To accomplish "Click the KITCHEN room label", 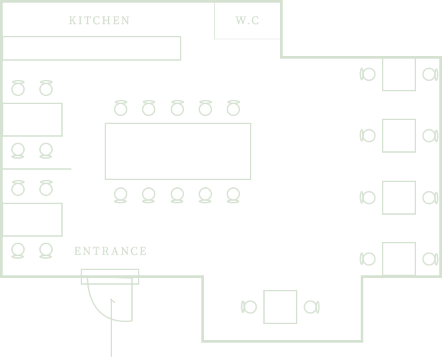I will [x=101, y=21].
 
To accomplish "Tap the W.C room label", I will [x=246, y=21].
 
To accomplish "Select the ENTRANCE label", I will [x=109, y=251].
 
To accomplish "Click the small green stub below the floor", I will [x=112, y=351].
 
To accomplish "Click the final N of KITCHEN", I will [x=124, y=21].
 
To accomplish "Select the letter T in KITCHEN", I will [x=86, y=21].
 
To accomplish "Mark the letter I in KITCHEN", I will [x=78, y=21].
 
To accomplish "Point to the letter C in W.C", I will [x=255, y=21].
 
